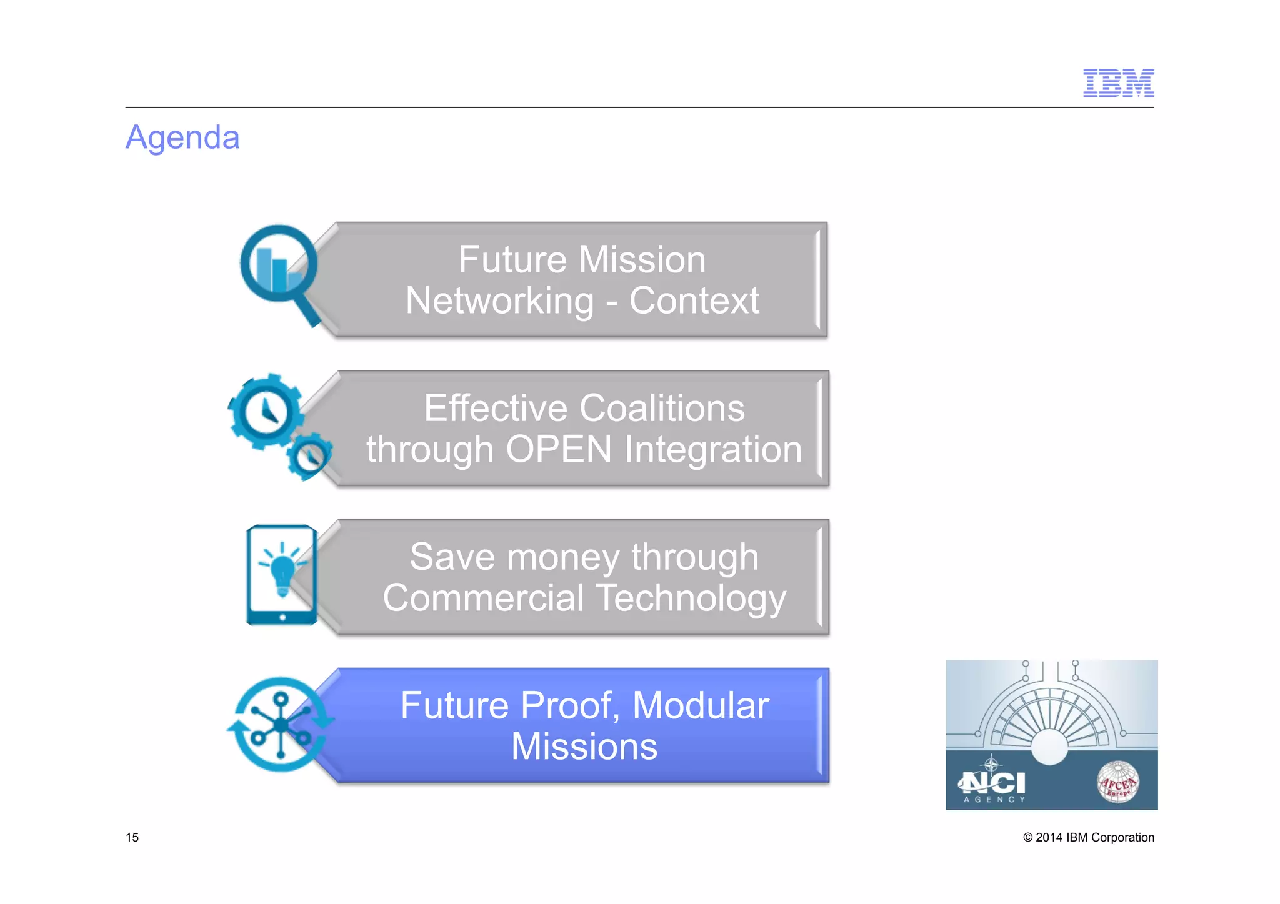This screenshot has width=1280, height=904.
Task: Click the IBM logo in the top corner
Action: pos(1118,83)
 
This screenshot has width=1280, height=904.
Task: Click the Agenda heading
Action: pos(182,137)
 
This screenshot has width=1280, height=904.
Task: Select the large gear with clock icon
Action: pos(266,412)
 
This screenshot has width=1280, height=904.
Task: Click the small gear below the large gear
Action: pos(309,457)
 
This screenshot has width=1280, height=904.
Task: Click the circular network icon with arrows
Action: pos(281,725)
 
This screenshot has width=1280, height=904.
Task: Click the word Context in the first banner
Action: pos(694,301)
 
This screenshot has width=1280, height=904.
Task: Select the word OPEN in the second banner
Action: pos(559,449)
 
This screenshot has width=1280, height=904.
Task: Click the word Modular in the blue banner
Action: pos(701,706)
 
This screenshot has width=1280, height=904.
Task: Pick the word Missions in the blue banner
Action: pos(584,747)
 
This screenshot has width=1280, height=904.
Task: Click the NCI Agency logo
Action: pos(993,785)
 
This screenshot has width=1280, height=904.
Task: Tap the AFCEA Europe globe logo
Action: pos(1118,782)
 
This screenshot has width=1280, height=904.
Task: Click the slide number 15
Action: pos(132,838)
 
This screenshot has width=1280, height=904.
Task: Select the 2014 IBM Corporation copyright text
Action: pos(1088,838)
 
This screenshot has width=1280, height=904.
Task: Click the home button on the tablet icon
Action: pos(282,617)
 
